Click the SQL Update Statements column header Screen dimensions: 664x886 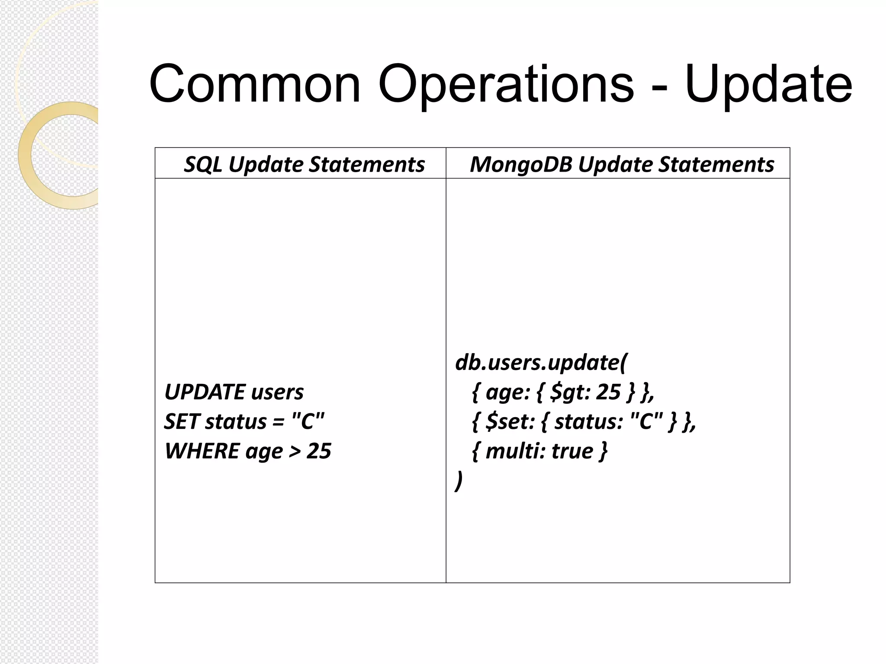tap(304, 164)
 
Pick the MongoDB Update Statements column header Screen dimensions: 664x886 tap(622, 164)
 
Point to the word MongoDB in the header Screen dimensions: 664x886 tap(521, 164)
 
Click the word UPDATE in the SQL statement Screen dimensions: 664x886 tap(205, 392)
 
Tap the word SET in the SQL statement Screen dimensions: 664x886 tap(181, 421)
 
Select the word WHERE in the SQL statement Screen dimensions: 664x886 tap(202, 451)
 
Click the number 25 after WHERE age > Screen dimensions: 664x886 tap(319, 451)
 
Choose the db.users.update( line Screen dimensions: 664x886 tap(540, 362)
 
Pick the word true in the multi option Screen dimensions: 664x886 tap(572, 451)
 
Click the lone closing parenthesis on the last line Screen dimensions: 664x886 tap(459, 481)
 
